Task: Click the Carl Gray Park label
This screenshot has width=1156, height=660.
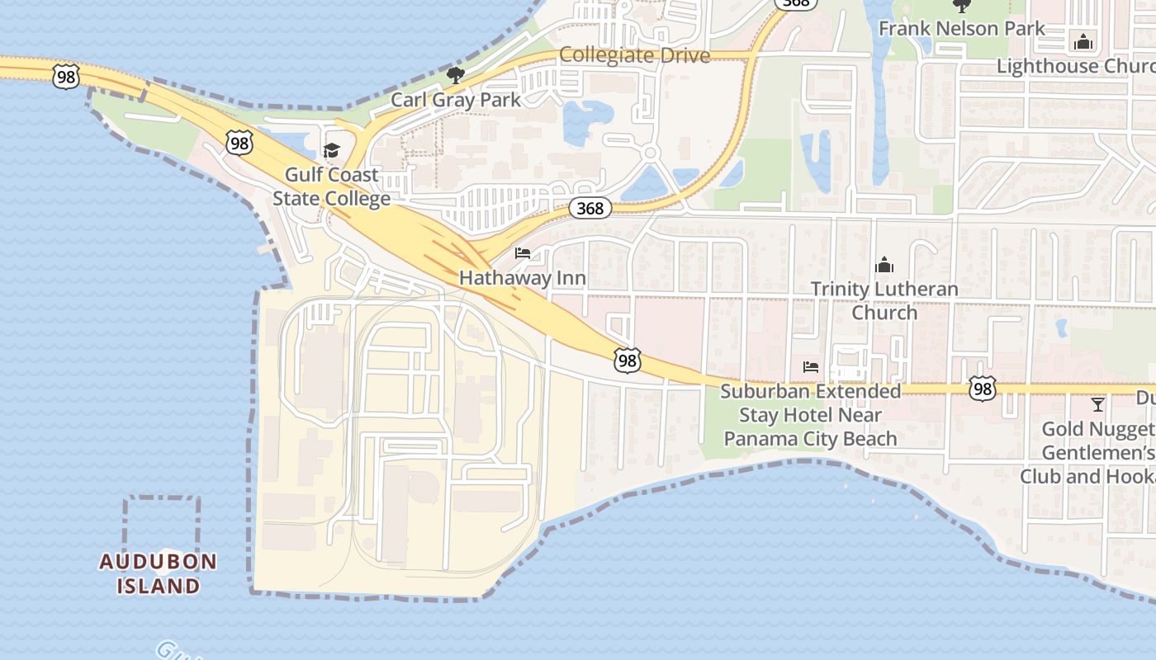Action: (x=456, y=100)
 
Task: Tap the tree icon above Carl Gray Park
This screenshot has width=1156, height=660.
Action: (x=455, y=76)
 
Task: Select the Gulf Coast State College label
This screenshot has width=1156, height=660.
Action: (x=331, y=187)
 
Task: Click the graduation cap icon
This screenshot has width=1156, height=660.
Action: (x=331, y=150)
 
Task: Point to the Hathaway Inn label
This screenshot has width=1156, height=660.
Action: (x=523, y=278)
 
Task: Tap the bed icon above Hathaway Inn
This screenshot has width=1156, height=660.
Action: (x=523, y=253)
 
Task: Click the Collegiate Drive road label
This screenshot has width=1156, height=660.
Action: (x=634, y=55)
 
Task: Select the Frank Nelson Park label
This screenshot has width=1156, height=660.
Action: (x=961, y=28)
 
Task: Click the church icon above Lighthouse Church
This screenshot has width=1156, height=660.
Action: (x=1083, y=42)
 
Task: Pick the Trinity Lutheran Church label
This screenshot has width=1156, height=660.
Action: (x=884, y=300)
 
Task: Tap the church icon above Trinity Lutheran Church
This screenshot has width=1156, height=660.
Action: (x=884, y=265)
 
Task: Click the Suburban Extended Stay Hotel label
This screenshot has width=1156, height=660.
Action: (x=811, y=415)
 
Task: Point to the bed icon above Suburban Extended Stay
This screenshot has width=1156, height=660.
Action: (x=811, y=366)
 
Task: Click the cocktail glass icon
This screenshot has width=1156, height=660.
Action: (x=1097, y=404)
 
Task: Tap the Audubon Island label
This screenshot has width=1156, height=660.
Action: (x=159, y=573)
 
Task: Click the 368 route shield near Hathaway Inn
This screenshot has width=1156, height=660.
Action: (x=590, y=208)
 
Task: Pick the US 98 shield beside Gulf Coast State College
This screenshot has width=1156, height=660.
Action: (x=239, y=144)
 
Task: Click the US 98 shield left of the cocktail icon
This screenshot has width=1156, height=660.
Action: (x=983, y=389)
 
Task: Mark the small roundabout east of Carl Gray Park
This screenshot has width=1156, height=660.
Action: (x=650, y=153)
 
